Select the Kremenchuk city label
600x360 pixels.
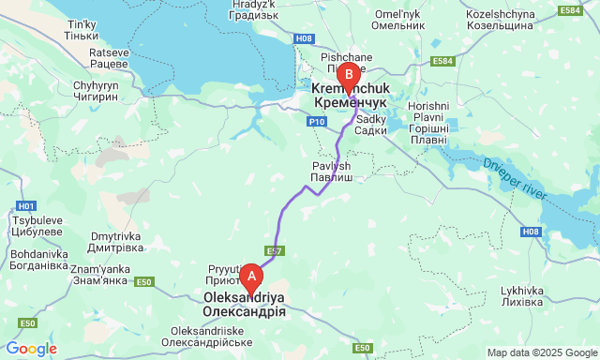tap(345, 93)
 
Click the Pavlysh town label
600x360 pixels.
tap(332, 171)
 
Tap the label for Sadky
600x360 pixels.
tap(372, 124)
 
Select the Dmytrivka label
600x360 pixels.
tap(114, 243)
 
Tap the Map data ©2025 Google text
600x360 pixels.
tap(541, 352)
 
